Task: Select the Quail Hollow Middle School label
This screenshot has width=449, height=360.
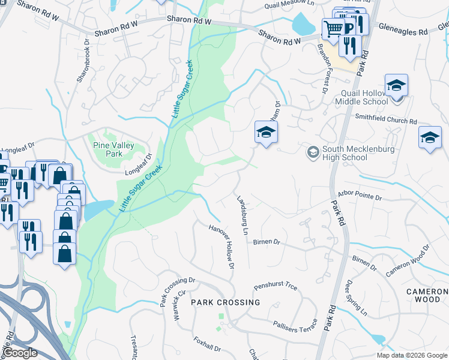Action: [x=364, y=97]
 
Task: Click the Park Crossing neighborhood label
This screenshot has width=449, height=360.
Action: [x=226, y=302]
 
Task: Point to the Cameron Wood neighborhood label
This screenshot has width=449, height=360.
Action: [x=427, y=295]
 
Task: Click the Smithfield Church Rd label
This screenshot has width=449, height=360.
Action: [x=386, y=121]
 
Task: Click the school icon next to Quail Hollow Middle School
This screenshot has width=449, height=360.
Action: [x=396, y=86]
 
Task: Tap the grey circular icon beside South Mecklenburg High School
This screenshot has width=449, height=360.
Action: [x=312, y=152]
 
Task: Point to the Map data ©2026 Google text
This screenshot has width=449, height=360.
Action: [x=412, y=355]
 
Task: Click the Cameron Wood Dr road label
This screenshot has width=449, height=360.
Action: [x=409, y=259]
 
